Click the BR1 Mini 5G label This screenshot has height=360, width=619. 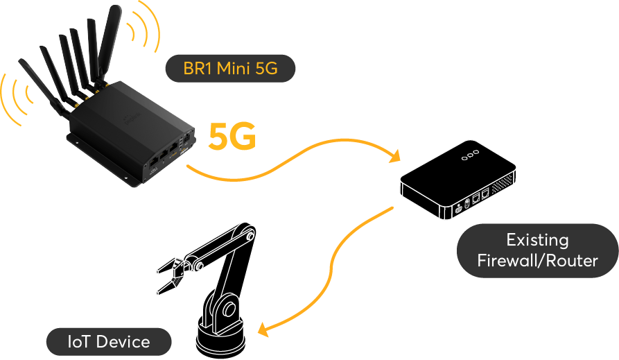click(229, 69)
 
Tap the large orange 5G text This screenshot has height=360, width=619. click(234, 137)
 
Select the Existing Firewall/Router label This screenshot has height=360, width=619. click(537, 250)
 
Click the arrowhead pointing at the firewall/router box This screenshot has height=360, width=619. click(396, 157)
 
